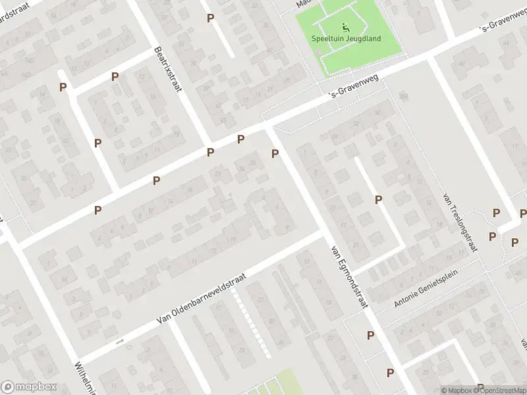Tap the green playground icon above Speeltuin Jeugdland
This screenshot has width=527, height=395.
point(345,27)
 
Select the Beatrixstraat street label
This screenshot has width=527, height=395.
point(167,68)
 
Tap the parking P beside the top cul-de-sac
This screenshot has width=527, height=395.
point(210,18)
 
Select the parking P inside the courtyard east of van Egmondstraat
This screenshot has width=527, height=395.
point(378,199)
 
